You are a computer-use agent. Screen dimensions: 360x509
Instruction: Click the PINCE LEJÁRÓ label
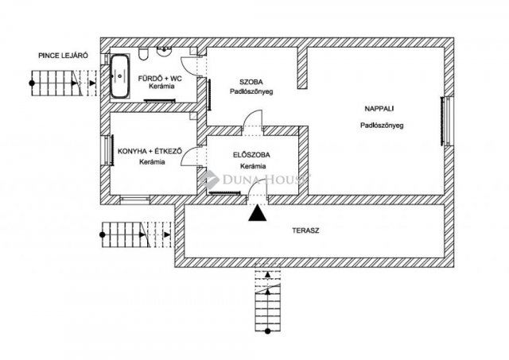[63, 56]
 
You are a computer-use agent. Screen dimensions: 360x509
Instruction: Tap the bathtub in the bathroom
[121, 76]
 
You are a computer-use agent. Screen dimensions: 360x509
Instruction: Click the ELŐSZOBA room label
[251, 154]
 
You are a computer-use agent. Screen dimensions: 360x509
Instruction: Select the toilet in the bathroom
[143, 54]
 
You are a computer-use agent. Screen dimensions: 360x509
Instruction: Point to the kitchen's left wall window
[106, 149]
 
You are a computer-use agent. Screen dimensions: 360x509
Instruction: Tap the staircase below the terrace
[268, 301]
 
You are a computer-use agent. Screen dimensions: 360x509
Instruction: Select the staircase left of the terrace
[134, 232]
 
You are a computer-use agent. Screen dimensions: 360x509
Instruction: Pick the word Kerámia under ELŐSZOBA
[251, 166]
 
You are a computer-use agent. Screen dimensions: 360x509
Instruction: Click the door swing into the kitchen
[191, 157]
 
